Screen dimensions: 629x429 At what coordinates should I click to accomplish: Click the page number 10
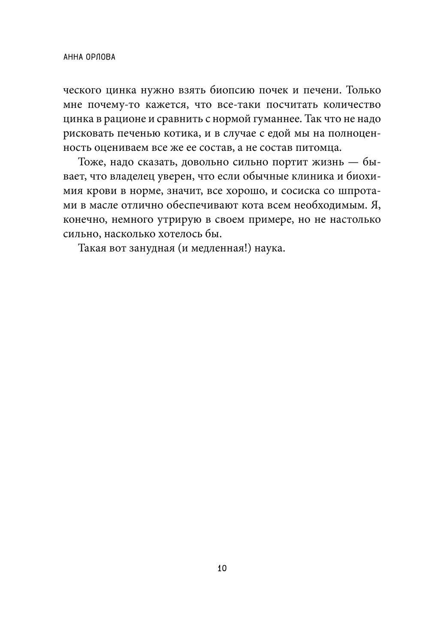coord(222,569)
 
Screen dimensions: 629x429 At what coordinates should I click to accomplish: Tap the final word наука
coord(269,249)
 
